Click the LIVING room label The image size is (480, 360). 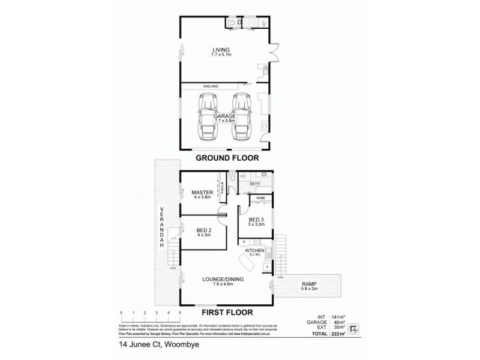(221, 50)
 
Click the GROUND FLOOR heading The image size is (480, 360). (226, 159)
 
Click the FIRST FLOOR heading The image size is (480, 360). (226, 312)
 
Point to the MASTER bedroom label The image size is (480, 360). (203, 193)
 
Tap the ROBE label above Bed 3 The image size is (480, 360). (261, 197)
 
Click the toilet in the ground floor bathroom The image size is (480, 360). (232, 23)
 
